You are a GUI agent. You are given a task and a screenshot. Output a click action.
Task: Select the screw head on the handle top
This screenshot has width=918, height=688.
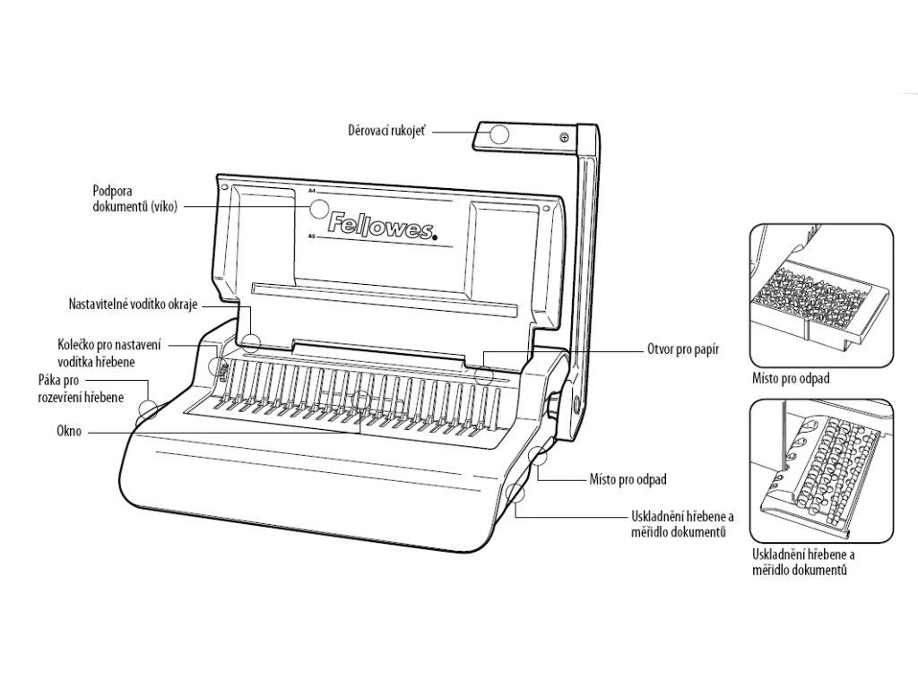tap(564, 137)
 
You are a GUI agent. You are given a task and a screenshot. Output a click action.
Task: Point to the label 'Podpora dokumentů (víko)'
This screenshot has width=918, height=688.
tap(134, 198)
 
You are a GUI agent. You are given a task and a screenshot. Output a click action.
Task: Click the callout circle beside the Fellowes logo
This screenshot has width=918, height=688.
tap(319, 210)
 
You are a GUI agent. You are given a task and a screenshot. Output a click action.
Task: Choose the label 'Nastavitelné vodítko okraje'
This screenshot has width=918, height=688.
tap(132, 304)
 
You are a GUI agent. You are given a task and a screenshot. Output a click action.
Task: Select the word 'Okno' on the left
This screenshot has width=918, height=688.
tap(67, 432)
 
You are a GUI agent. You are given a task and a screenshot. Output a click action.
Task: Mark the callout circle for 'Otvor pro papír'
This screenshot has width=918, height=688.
tap(484, 374)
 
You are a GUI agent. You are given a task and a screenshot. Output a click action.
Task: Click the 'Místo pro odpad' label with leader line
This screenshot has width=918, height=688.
tap(628, 480)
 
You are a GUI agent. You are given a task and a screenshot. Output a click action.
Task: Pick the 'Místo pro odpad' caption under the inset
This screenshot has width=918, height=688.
tap(791, 379)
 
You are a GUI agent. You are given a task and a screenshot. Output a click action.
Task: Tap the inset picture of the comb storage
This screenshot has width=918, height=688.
tap(820, 470)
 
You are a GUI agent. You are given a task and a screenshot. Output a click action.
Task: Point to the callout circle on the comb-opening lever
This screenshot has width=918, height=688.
tap(148, 411)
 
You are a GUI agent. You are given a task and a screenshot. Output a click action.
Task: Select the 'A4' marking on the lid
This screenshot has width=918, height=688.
tap(312, 190)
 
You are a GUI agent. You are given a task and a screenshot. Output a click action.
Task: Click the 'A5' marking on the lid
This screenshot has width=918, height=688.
tap(311, 236)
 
